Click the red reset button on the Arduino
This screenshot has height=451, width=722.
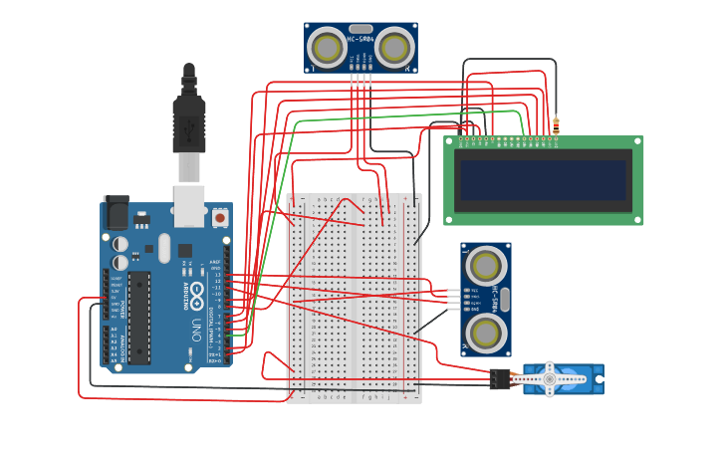tap(219, 216)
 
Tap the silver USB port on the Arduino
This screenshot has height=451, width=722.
tap(188, 205)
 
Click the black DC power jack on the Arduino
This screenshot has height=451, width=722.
tap(117, 213)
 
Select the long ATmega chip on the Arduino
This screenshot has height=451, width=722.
tap(139, 317)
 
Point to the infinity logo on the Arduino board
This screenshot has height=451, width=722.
tap(197, 296)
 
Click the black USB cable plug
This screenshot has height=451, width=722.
tap(188, 124)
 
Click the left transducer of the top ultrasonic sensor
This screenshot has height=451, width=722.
tap(327, 47)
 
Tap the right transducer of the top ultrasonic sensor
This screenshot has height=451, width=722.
tap(394, 47)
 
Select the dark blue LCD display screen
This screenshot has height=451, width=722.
tap(543, 180)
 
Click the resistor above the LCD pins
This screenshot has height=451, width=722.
tap(556, 126)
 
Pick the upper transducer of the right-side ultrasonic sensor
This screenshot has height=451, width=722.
tap(485, 266)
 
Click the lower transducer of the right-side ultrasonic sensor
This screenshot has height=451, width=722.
tap(485, 334)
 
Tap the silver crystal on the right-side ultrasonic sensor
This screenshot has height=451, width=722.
tap(504, 300)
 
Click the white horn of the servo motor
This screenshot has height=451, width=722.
tap(549, 378)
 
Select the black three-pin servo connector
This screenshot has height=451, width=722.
tap(499, 378)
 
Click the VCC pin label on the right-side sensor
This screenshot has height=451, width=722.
tap(474, 289)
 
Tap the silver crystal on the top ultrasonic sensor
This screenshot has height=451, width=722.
tap(361, 29)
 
